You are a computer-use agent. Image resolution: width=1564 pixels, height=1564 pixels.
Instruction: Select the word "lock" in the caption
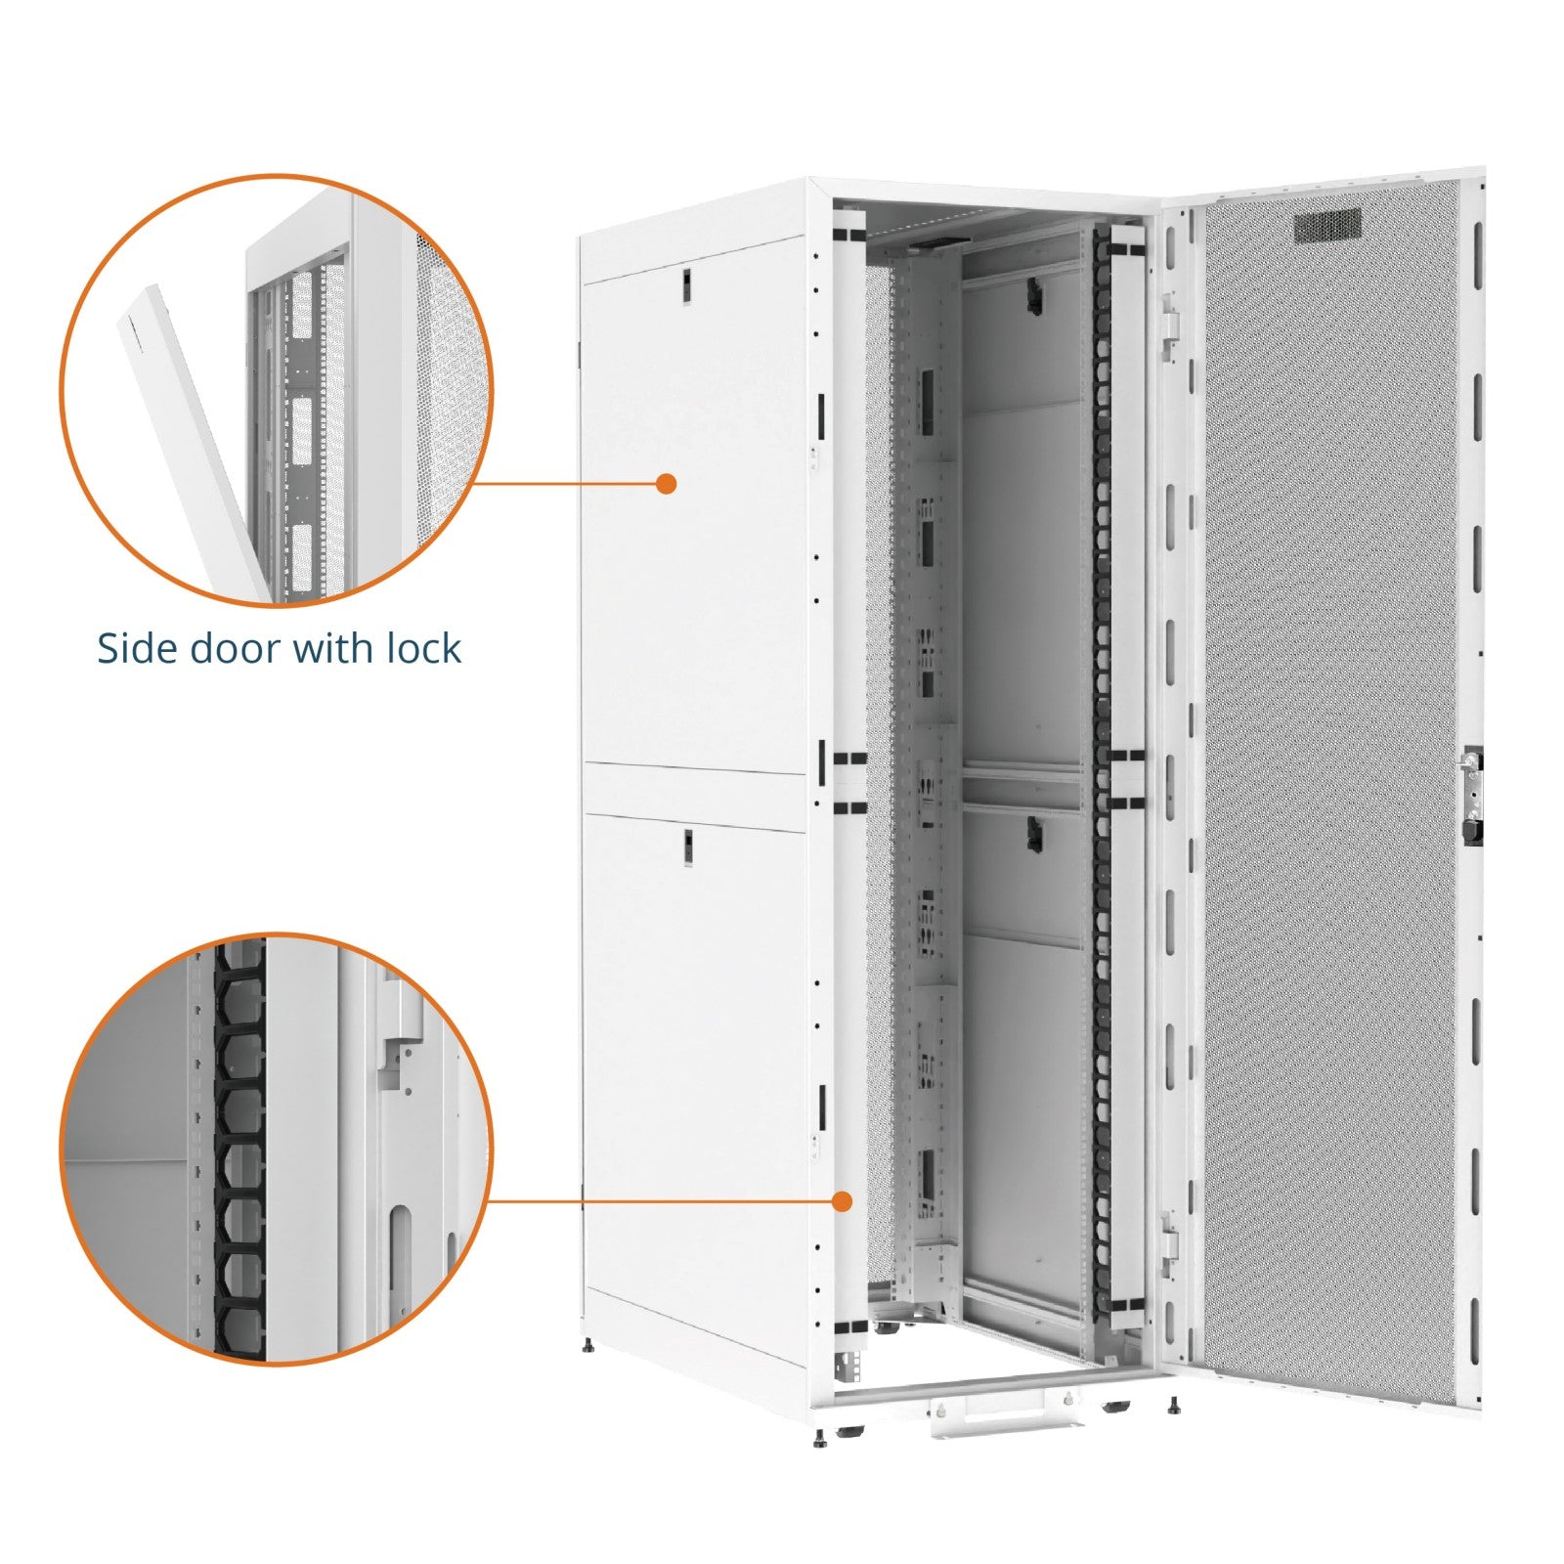[x=423, y=649]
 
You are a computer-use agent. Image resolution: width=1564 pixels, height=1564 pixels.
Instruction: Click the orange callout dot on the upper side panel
[x=667, y=483]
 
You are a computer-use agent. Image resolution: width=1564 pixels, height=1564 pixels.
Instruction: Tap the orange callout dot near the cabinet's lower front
[x=843, y=1201]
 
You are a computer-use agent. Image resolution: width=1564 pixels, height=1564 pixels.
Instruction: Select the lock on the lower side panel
[x=686, y=847]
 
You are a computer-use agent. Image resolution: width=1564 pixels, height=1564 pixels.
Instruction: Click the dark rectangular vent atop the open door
[x=1327, y=226]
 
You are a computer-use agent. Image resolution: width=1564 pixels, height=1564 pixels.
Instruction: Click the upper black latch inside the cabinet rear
[x=1030, y=294]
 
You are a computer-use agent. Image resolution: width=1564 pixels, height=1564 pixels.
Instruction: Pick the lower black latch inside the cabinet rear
[x=1030, y=832]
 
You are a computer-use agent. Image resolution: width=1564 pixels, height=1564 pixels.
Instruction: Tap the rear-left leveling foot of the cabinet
[x=587, y=1347]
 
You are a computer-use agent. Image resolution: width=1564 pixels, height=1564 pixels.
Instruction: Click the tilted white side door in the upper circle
[x=186, y=430]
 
